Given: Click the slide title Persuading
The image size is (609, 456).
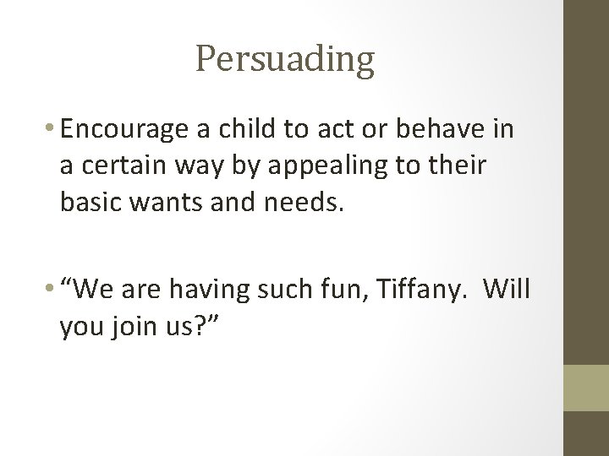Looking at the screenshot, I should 284,60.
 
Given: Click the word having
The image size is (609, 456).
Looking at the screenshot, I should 206,289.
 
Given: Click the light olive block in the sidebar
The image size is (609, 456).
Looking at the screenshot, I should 585,386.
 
